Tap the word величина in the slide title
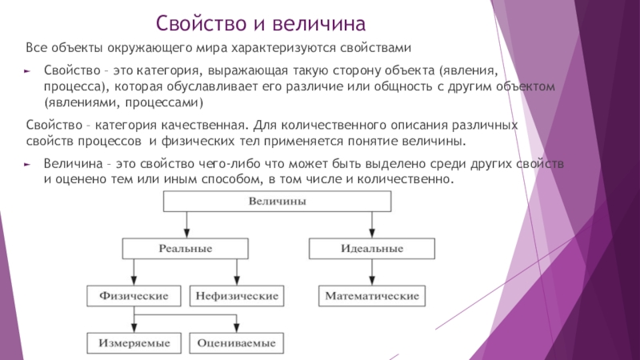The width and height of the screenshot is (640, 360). click(318, 23)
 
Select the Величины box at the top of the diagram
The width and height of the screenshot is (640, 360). click(277, 202)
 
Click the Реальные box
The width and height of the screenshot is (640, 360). click(186, 249)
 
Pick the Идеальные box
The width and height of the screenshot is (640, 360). click(372, 249)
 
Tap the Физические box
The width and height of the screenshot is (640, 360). click(134, 296)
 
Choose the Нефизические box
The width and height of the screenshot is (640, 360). click(237, 296)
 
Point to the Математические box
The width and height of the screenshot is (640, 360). click(372, 296)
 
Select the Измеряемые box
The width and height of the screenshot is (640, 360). click(134, 343)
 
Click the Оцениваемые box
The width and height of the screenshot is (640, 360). click(236, 343)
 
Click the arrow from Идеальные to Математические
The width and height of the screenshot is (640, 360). click(372, 272)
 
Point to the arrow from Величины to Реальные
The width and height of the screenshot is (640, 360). click(186, 225)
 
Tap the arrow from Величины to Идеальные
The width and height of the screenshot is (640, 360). click(372, 225)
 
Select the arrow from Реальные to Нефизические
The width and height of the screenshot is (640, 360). click(237, 272)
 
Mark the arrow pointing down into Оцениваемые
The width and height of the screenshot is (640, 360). click(236, 324)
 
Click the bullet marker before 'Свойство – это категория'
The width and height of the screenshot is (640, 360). click(27, 71)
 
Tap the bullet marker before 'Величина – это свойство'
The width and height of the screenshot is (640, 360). click(27, 165)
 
